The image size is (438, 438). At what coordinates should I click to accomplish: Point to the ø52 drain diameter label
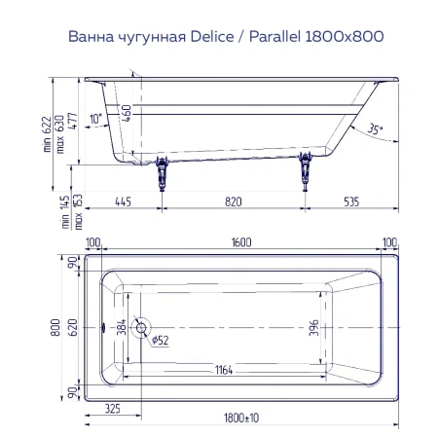click(x=160, y=340)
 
